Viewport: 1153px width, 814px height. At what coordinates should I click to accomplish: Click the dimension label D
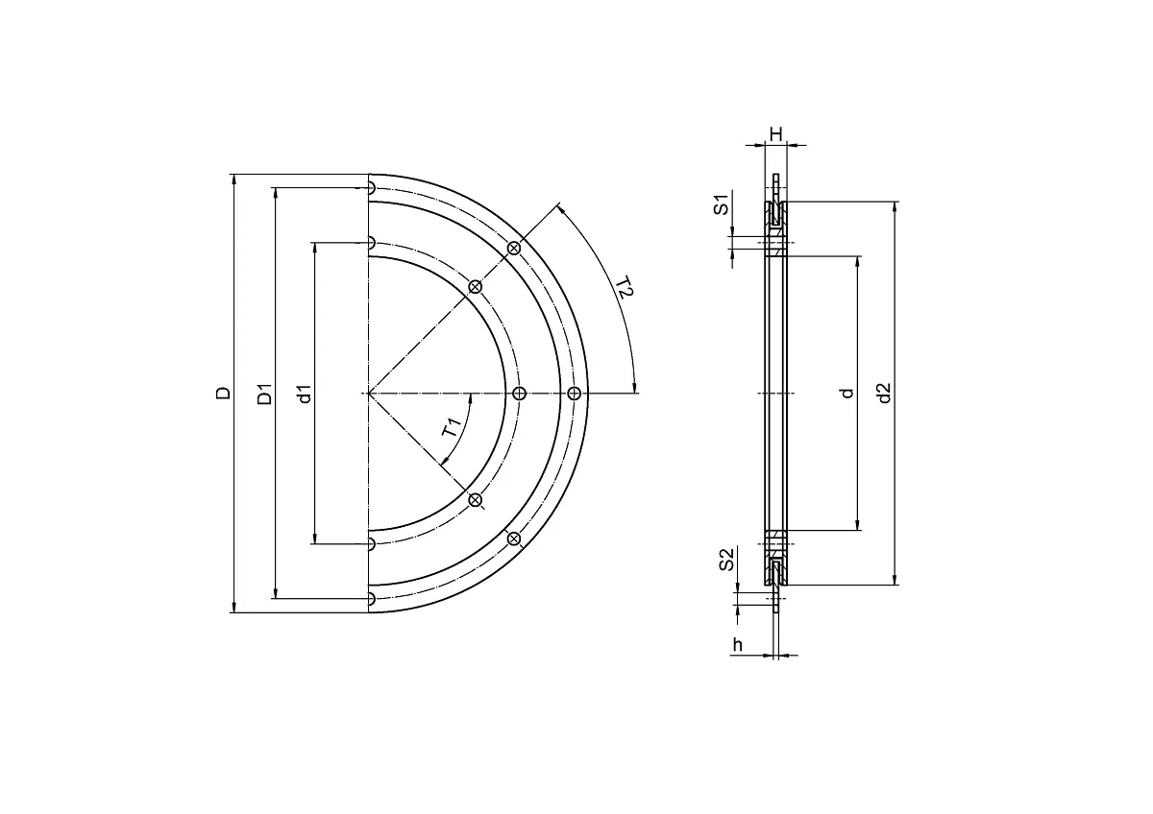coord(223,394)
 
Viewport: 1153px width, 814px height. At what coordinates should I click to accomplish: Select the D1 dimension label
coord(264,394)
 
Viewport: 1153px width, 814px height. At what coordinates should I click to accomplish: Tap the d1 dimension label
coord(306,394)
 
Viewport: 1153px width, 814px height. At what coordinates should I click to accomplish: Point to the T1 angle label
coord(452,427)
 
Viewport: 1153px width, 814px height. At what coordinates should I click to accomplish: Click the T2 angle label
coord(624,287)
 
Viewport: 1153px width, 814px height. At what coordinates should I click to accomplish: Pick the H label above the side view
coord(775,134)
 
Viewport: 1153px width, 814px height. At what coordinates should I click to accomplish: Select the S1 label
coord(722,204)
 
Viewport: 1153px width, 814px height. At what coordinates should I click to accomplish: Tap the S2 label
coord(726,560)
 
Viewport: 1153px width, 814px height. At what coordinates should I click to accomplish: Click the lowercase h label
coord(738,644)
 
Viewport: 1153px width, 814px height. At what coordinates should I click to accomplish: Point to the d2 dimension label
coord(884,394)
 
